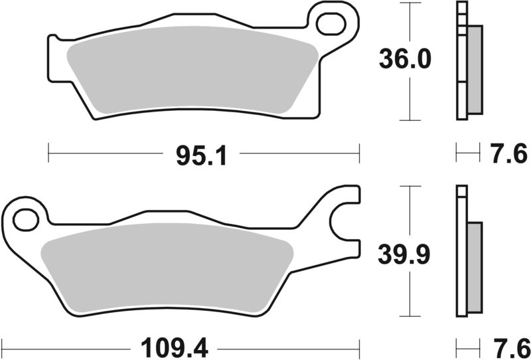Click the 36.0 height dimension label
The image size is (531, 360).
coord(405,60)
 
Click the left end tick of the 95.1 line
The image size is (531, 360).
coord(49,155)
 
